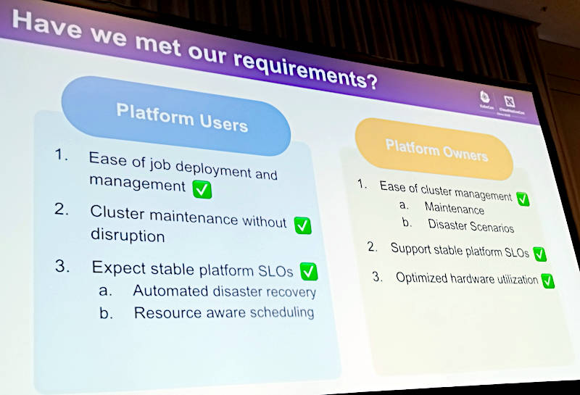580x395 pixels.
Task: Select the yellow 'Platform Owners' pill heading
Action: tap(436, 151)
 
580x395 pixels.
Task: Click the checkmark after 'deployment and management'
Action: tap(202, 189)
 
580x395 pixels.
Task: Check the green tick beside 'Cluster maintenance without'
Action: tap(302, 225)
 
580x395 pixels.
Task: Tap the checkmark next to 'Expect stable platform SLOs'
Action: tap(309, 272)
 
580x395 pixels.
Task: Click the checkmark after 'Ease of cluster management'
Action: tap(522, 198)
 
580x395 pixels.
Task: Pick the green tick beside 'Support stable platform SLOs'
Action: tap(539, 254)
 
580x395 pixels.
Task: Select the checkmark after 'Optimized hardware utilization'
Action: tap(547, 280)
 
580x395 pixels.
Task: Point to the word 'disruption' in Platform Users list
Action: tap(128, 236)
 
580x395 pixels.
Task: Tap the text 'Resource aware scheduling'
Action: tap(224, 312)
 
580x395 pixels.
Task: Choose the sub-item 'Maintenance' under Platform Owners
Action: tap(455, 209)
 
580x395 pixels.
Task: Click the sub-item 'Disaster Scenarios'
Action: tap(471, 225)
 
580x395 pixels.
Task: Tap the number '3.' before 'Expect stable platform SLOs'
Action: tap(64, 266)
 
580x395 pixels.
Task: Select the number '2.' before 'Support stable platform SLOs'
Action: tap(373, 247)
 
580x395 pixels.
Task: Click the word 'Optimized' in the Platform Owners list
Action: tap(419, 277)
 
